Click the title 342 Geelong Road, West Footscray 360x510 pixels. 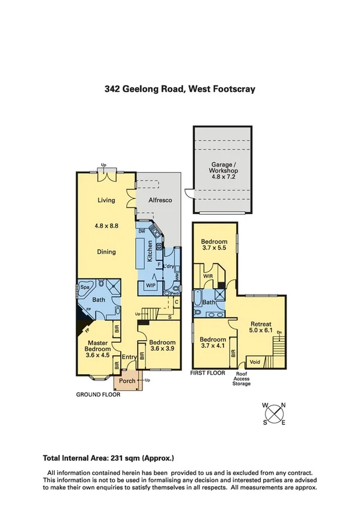pos(180,89)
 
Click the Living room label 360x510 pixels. pos(106,201)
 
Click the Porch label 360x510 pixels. pos(127,381)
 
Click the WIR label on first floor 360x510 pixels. pos(210,277)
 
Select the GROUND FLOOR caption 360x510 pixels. pos(98,395)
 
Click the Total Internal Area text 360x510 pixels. pos(108,457)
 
